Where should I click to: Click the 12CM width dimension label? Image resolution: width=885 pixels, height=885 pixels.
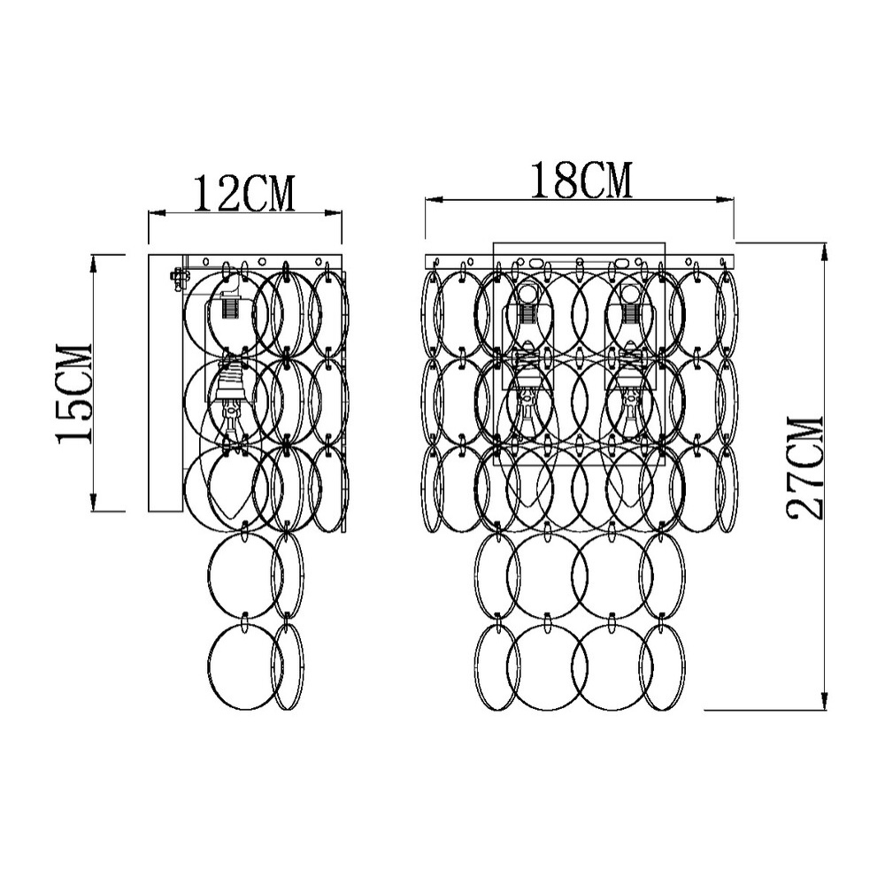click(245, 194)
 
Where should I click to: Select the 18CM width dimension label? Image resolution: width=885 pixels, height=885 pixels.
click(581, 180)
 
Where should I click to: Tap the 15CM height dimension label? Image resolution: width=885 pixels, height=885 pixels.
click(74, 394)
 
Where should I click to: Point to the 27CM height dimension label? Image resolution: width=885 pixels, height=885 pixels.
click(805, 468)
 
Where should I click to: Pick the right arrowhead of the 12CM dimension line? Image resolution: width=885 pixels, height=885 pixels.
click(335, 212)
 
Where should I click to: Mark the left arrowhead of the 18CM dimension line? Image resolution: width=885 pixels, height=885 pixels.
click(434, 199)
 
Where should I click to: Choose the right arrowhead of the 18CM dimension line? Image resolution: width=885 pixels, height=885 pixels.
click(726, 199)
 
